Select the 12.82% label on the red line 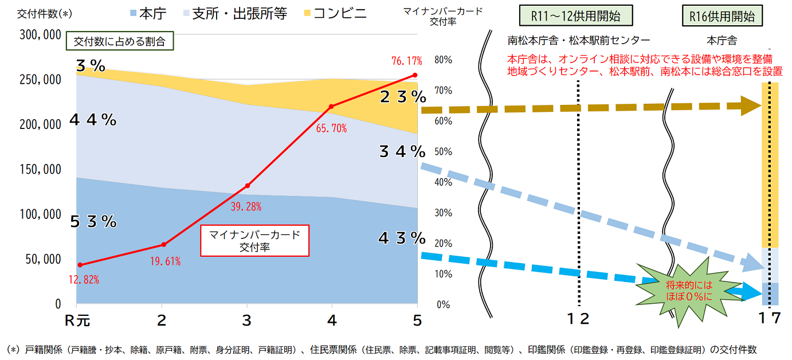pos(84,280)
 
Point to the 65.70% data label pos(331,128)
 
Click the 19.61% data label pos(165,261)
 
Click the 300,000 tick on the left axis pos(41,35)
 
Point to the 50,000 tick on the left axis pos(44,259)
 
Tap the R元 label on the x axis pos(77,320)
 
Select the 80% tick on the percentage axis pos(443,60)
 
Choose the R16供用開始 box pos(722,17)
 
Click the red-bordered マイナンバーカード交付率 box pos(254,240)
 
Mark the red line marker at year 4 pos(331,107)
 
